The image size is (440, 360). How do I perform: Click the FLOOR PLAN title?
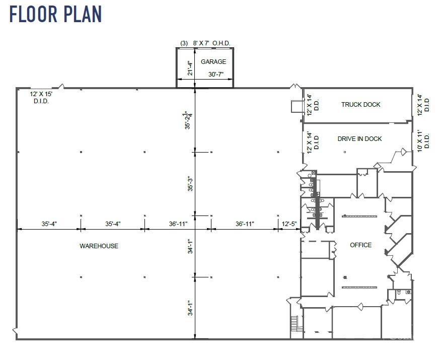[55, 14]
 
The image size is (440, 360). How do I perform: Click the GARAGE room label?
[213, 62]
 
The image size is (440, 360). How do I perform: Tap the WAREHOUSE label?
[99, 246]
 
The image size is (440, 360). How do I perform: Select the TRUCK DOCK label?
[360, 105]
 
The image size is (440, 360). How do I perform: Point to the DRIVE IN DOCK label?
[359, 139]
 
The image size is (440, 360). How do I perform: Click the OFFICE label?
[360, 245]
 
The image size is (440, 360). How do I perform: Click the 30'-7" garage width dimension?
[216, 75]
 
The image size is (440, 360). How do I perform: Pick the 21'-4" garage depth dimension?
[190, 68]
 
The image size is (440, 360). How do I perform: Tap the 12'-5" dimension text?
[289, 224]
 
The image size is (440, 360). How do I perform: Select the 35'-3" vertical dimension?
[190, 184]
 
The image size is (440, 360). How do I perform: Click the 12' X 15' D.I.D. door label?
[41, 98]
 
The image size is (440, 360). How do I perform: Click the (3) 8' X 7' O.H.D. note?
[205, 43]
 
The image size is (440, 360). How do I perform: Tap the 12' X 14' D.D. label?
[313, 105]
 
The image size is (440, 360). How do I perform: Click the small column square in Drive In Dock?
[345, 152]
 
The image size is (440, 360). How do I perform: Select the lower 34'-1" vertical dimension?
[190, 308]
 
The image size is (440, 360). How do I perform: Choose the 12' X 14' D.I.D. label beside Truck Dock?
[423, 105]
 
